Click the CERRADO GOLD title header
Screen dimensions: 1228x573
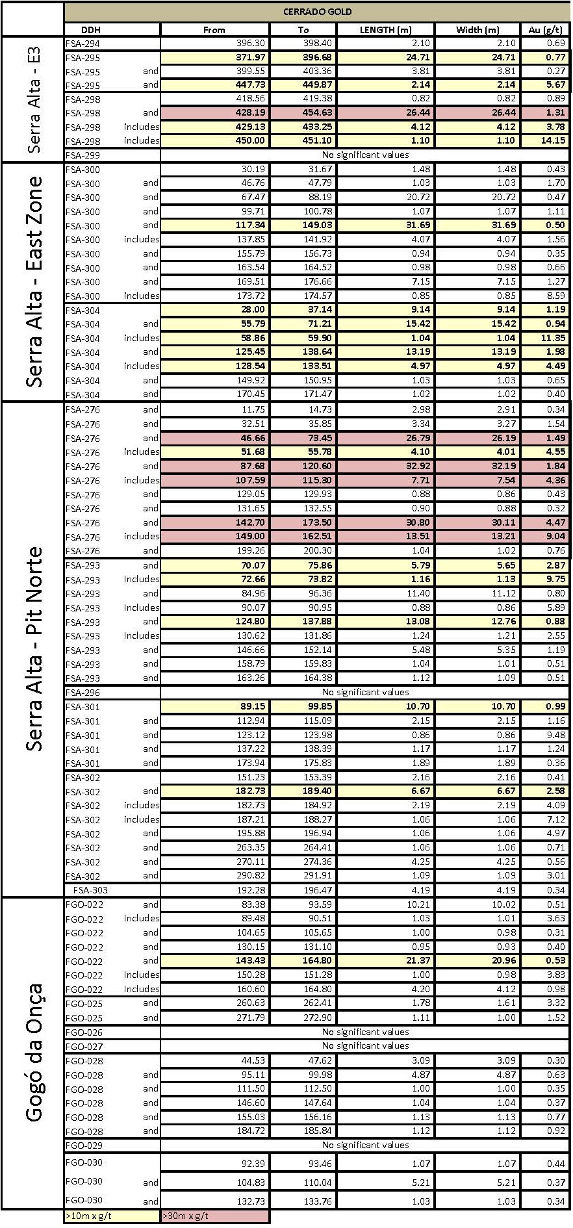pos(317,12)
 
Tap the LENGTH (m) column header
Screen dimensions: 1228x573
pos(385,29)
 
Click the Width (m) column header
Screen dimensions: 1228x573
pos(478,29)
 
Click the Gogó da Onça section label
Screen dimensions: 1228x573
pos(34,1053)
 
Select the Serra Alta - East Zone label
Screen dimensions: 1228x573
pos(34,281)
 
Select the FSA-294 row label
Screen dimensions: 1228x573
pos(83,44)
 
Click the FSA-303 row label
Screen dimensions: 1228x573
pos(91,890)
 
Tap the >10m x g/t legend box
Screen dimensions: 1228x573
pos(112,1216)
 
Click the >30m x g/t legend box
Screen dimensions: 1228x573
pos(214,1216)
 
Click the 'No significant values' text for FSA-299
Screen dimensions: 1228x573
pos(365,155)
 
